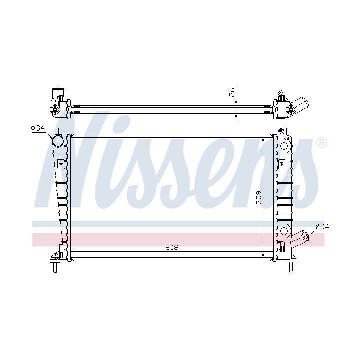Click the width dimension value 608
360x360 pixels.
tap(172, 247)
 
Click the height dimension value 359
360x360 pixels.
tap(259, 198)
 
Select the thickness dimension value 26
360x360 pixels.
tap(232, 92)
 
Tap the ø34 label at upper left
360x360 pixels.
tap(38, 128)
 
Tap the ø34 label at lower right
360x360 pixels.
tap(322, 227)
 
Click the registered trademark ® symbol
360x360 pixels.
tap(322, 143)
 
